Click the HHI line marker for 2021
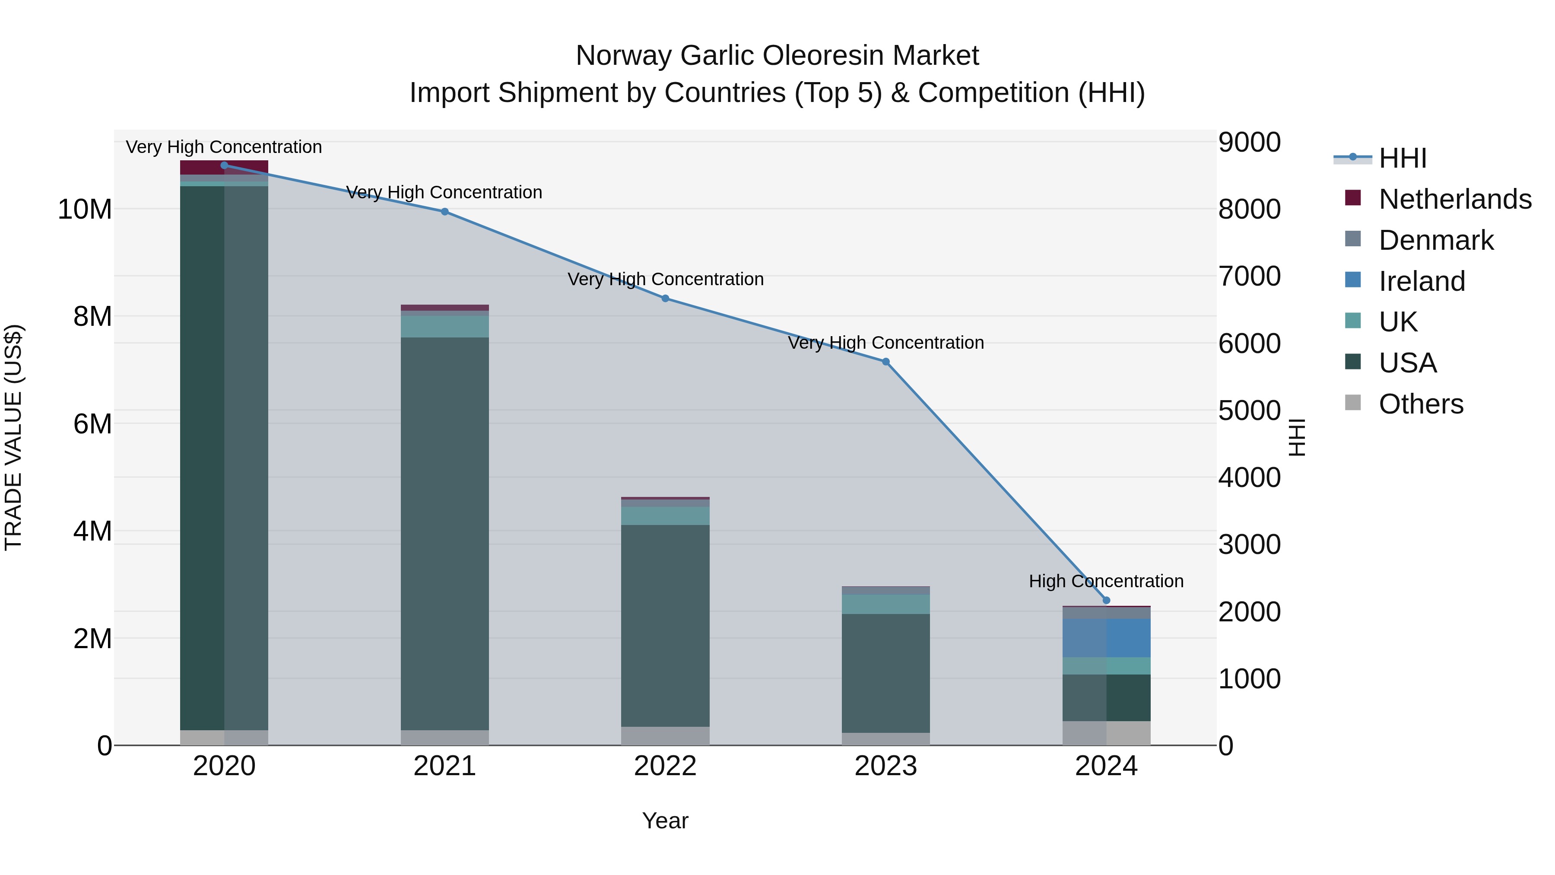(445, 211)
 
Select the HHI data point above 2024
(1107, 600)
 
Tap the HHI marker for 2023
(885, 362)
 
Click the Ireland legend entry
(1422, 281)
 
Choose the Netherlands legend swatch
(1353, 198)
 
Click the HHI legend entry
(1402, 158)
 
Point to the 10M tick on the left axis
(85, 210)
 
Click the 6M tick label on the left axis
(92, 424)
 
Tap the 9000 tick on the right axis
(1249, 143)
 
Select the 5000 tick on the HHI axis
(1249, 410)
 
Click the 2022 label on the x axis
(665, 766)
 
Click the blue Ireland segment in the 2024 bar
(1107, 638)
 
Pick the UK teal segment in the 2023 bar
(885, 604)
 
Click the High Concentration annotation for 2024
(1106, 581)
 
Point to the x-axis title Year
(665, 821)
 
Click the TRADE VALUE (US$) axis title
(13, 437)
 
